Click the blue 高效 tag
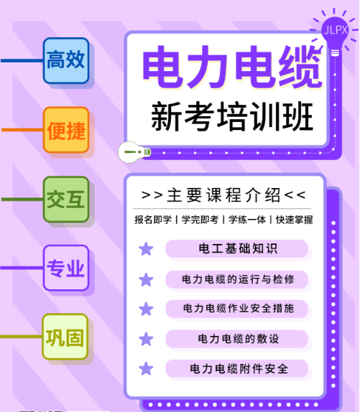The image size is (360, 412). tap(66, 61)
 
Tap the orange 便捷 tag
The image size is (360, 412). tap(66, 130)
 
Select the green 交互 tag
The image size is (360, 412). tap(66, 200)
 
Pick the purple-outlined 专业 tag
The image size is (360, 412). tap(66, 268)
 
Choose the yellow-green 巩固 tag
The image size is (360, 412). tap(65, 337)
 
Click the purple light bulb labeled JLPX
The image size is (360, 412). tap(335, 34)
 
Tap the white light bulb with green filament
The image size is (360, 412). tap(134, 152)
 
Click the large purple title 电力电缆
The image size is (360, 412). tap(233, 67)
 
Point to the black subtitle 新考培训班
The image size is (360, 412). tap(232, 116)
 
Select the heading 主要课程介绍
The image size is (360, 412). tap(223, 195)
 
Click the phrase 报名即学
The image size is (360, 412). tap(153, 220)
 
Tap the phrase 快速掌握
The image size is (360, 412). tap(295, 220)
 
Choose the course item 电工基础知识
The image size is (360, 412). tap(238, 248)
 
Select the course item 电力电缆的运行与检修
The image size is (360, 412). tap(238, 279)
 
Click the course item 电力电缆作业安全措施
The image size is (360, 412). tap(239, 308)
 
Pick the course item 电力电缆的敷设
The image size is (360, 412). tap(239, 339)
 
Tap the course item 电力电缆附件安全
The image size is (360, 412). tap(239, 369)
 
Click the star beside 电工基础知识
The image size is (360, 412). tap(146, 249)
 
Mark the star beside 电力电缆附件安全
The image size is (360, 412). tap(146, 368)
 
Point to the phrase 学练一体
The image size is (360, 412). tap(247, 220)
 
